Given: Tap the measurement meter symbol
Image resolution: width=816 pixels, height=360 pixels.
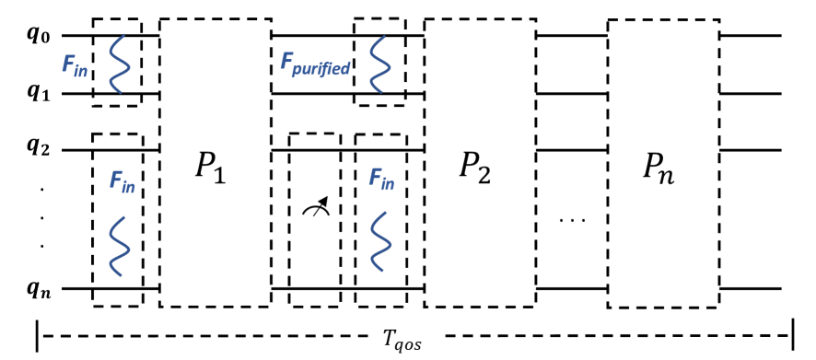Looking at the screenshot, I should tap(315, 210).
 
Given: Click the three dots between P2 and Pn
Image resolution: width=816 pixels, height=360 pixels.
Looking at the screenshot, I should tap(572, 222).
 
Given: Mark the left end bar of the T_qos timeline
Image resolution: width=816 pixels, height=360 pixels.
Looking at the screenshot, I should tap(37, 337).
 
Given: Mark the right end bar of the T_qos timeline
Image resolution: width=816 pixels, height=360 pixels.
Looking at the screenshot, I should tap(791, 337).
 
